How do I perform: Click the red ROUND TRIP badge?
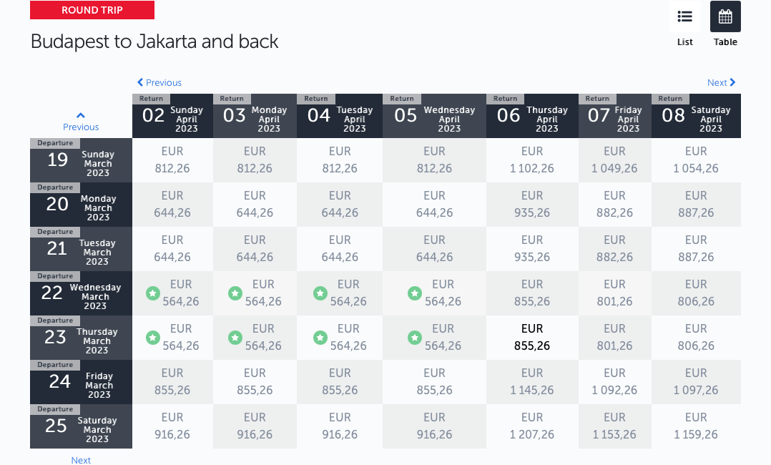92,10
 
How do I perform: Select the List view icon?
685,16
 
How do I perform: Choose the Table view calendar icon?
725,16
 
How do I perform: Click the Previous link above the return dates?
159,83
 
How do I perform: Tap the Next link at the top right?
722,83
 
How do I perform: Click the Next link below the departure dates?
81,460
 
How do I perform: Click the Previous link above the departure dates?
81,122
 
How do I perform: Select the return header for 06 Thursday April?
532,116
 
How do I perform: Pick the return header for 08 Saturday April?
696,116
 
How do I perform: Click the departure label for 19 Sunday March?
81,160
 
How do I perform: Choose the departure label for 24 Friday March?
81,382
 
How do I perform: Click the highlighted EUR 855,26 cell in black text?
532,338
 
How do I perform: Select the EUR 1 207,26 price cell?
532,426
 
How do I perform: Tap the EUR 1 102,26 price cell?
532,160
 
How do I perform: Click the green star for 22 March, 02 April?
153,294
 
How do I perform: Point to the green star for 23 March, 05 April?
415,338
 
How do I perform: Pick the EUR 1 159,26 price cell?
696,426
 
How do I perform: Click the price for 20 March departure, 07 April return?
614,204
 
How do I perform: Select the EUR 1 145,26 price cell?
532,382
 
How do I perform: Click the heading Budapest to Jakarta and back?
154,41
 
